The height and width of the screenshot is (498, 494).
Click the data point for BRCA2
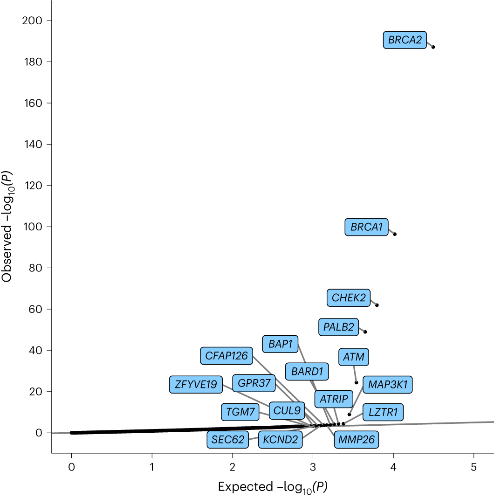point(433,47)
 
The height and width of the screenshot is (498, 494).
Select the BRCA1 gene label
point(366,227)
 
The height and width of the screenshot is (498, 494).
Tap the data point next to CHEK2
point(377,305)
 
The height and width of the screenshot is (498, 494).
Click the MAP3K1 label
point(388,385)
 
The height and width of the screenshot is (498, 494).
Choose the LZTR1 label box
point(383,412)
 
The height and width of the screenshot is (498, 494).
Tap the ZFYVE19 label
point(196,385)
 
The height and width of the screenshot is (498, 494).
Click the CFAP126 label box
point(226,356)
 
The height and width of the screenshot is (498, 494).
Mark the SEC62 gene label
point(228,439)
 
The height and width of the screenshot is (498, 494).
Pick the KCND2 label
point(280,439)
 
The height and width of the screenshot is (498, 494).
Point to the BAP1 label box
point(280,345)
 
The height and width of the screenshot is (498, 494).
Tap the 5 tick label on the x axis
point(474,465)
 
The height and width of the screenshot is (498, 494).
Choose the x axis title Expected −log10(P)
point(273,487)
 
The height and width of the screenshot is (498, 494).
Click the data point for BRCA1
point(395,234)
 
